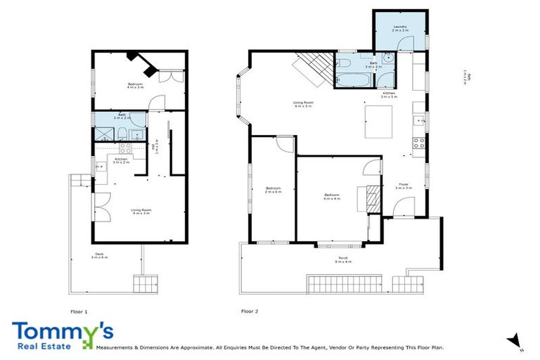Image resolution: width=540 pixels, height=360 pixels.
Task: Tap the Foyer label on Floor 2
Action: point(402,186)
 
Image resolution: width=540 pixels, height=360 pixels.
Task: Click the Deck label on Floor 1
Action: point(100,256)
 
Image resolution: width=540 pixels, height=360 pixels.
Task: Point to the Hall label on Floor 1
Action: point(156,146)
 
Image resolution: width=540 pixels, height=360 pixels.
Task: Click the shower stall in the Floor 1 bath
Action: point(104,133)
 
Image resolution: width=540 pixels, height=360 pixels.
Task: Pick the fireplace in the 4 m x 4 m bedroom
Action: point(371,198)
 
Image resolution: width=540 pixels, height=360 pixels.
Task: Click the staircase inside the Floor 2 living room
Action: point(309,68)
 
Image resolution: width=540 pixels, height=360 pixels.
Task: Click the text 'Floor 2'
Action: point(250,310)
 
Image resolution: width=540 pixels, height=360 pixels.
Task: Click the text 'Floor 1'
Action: point(79,310)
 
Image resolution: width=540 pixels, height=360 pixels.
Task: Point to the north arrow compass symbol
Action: point(515,340)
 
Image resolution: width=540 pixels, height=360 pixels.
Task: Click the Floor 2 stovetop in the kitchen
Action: point(418,142)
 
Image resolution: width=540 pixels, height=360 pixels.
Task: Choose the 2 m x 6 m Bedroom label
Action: point(273,190)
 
